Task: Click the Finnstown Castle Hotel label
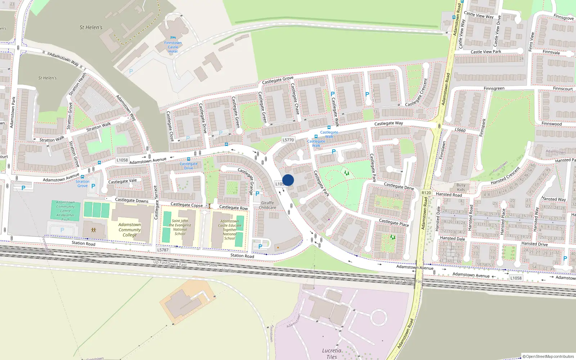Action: click(x=173, y=47)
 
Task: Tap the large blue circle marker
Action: click(x=288, y=180)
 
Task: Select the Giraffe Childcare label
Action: click(x=267, y=205)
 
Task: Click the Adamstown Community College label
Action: click(x=130, y=230)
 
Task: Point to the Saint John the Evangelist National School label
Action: click(x=180, y=227)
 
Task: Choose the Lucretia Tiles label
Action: click(x=332, y=354)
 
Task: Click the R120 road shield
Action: click(x=426, y=193)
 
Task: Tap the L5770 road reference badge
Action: click(x=288, y=140)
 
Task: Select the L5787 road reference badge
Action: click(x=163, y=250)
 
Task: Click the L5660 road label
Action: click(x=460, y=130)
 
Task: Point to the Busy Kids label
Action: click(x=461, y=188)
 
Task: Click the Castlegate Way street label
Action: click(x=388, y=123)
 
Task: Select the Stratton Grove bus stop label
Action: click(x=82, y=184)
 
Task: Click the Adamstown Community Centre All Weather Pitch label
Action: click(x=66, y=211)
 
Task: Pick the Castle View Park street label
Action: click(x=486, y=52)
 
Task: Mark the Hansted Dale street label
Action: click(x=452, y=238)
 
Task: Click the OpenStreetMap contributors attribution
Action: click(x=548, y=356)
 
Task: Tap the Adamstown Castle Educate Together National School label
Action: click(x=229, y=230)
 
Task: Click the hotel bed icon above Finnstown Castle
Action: click(x=173, y=37)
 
